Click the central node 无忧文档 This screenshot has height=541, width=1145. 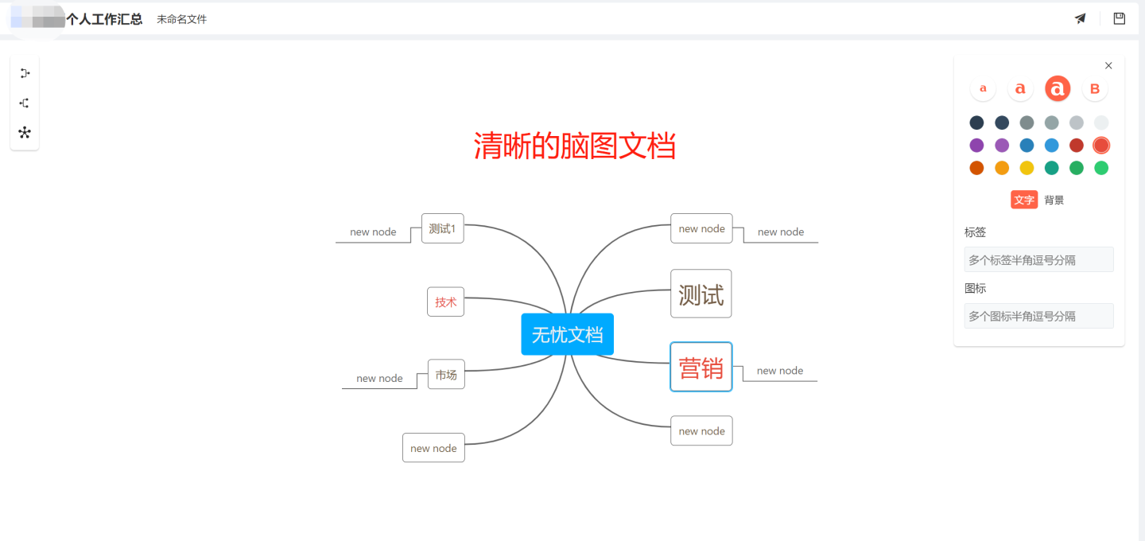[x=567, y=335]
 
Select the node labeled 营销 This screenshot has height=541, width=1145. [x=701, y=368]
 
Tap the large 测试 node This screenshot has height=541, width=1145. [x=701, y=294]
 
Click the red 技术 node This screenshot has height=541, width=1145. [x=445, y=302]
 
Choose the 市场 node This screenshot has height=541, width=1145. [x=446, y=375]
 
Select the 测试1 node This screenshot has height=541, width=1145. [x=442, y=228]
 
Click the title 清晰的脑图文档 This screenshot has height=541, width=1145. [x=574, y=146]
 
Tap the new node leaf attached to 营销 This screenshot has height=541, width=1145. [x=779, y=371]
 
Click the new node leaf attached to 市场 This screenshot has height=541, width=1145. [x=379, y=379]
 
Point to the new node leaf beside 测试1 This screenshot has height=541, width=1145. [x=373, y=232]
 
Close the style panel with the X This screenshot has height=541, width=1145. [x=1108, y=66]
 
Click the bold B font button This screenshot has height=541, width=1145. [x=1094, y=89]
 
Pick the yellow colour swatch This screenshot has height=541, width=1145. [x=1027, y=168]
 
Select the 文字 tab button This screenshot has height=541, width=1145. [x=1024, y=200]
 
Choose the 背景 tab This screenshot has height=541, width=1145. [x=1054, y=200]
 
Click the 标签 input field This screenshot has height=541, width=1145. [x=1038, y=260]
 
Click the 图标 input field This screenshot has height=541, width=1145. [x=1038, y=316]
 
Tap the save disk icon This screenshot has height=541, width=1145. [x=1119, y=18]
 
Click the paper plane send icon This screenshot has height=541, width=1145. [x=1080, y=18]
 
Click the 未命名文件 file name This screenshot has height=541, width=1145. [x=181, y=19]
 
